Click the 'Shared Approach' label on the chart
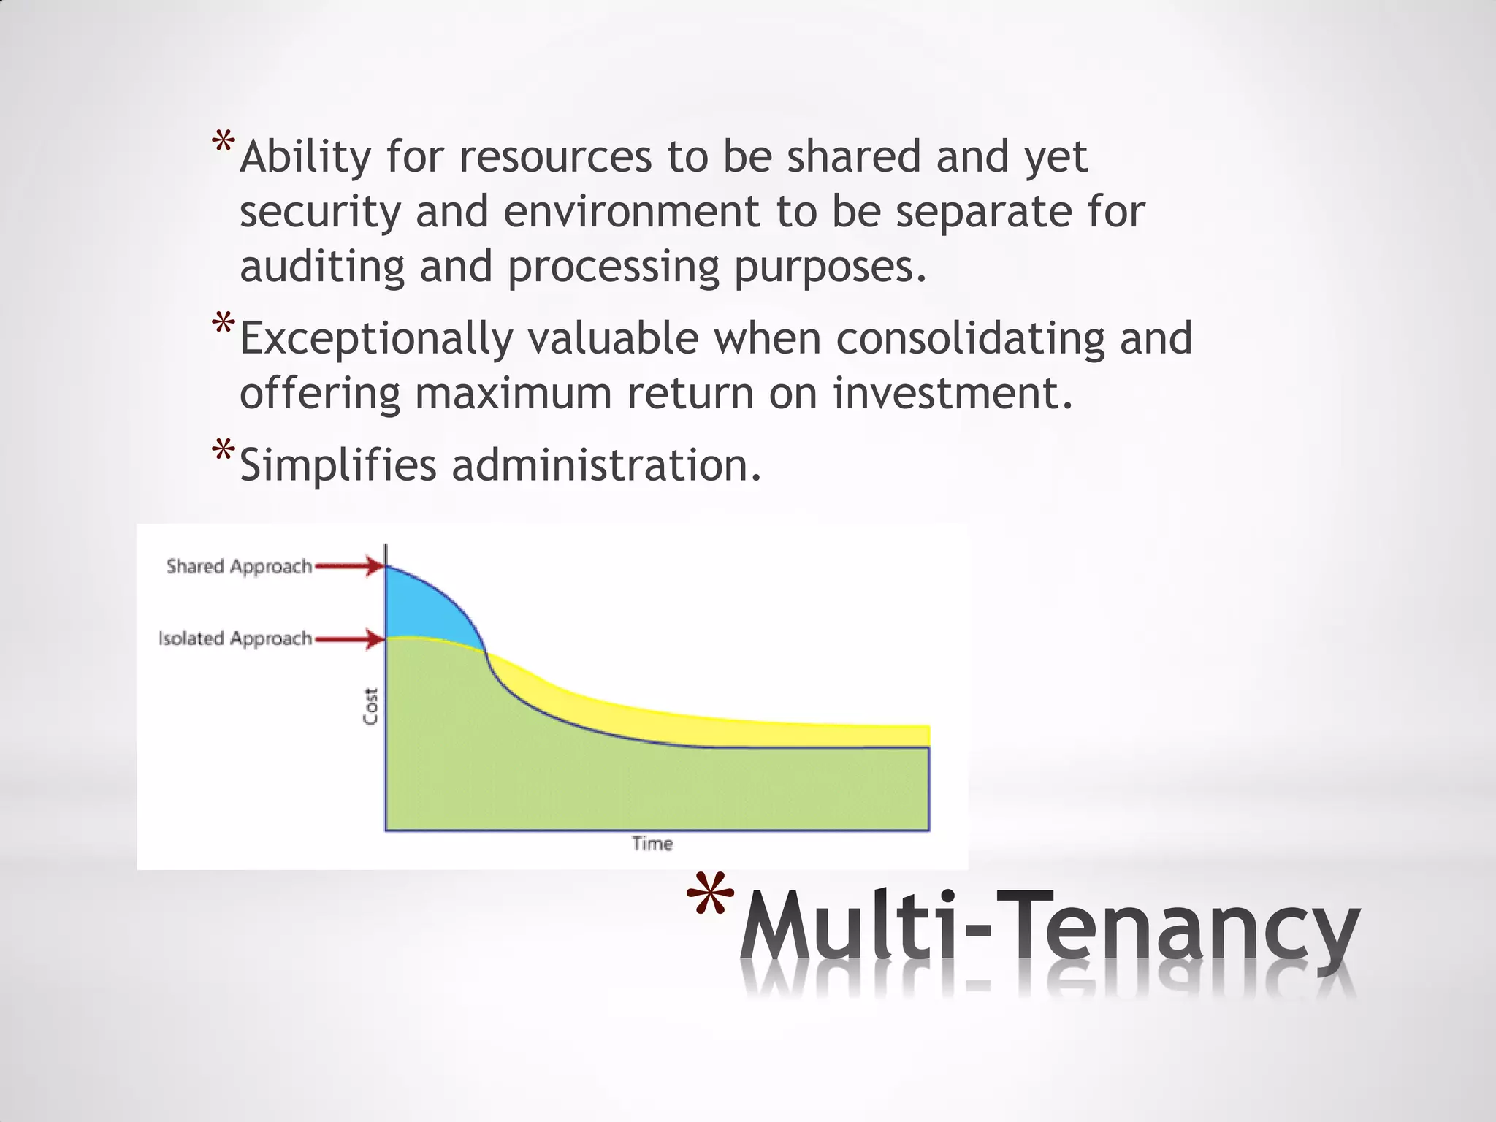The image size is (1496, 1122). (x=239, y=566)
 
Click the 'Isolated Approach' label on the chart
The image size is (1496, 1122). (x=235, y=638)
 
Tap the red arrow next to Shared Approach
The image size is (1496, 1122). (x=349, y=566)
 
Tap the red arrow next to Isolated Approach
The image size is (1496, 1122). (x=349, y=640)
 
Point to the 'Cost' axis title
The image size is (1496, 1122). (x=371, y=706)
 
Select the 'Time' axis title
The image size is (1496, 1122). (x=652, y=844)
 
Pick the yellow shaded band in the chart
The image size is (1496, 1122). (x=730, y=720)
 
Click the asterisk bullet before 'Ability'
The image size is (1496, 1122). (x=224, y=143)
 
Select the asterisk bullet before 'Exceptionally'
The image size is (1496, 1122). (x=224, y=324)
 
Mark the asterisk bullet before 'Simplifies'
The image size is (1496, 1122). (x=224, y=451)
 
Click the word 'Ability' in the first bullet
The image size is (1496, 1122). (x=305, y=157)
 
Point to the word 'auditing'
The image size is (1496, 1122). (x=322, y=267)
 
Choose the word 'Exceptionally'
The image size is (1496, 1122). (x=375, y=340)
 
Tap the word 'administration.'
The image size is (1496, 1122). (x=607, y=465)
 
